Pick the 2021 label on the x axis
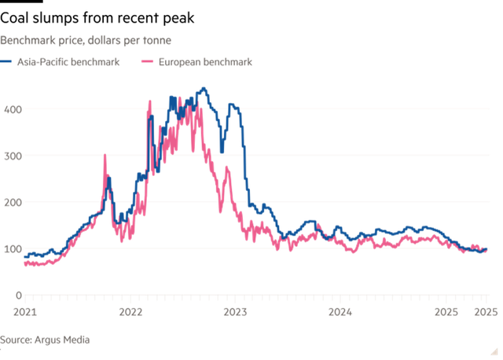[24, 311]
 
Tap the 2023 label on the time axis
[234, 311]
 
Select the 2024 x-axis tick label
[340, 311]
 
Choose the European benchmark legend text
[207, 62]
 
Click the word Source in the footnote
[16, 339]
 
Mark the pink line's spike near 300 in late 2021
[105, 156]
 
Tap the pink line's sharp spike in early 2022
[149, 100]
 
